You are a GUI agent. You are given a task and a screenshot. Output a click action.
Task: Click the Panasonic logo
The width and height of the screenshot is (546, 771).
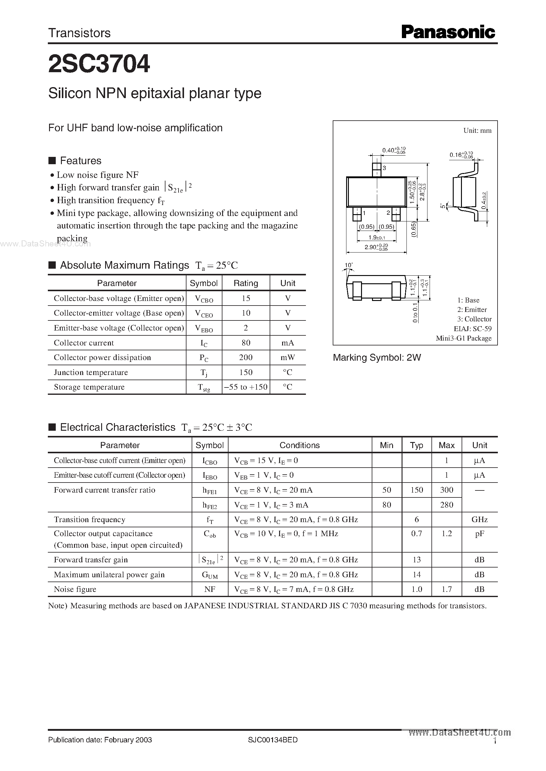click(x=448, y=32)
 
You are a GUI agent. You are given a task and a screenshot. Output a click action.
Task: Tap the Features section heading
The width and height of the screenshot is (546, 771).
click(x=80, y=161)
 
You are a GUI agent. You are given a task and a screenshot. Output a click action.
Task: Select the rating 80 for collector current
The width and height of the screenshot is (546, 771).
click(x=246, y=342)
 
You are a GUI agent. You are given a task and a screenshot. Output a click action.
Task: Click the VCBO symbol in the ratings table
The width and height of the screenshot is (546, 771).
click(x=204, y=299)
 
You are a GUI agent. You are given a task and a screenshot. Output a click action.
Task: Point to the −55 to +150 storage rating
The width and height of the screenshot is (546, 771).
click(x=246, y=387)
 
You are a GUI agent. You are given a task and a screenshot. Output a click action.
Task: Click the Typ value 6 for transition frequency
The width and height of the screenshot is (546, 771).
click(x=417, y=519)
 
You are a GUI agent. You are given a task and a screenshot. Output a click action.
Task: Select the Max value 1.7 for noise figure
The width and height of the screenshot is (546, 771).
click(x=446, y=589)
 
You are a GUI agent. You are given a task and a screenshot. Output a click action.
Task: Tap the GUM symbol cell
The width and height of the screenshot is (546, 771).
click(x=210, y=575)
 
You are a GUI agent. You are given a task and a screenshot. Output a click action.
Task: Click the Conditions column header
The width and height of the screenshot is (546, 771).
click(x=300, y=445)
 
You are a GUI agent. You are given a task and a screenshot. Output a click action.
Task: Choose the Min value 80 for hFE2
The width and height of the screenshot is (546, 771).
click(x=387, y=504)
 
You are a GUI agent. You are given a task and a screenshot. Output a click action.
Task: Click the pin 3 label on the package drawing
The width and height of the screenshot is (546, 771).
click(x=384, y=168)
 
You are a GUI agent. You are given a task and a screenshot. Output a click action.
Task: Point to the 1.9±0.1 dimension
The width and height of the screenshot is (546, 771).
click(x=377, y=238)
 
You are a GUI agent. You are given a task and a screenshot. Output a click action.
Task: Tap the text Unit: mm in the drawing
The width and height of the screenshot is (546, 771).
click(x=477, y=130)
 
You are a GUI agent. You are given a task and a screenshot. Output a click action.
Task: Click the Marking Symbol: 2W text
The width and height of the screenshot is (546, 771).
click(x=377, y=357)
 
